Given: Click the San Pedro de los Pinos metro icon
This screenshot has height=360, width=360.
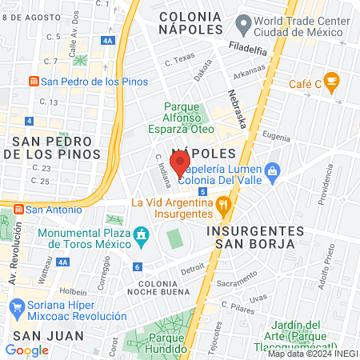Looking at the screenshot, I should pos(34,81).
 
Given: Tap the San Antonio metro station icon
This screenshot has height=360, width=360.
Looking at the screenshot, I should pos(17,209).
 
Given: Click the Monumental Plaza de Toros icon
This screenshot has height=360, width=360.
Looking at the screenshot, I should pos(142,235).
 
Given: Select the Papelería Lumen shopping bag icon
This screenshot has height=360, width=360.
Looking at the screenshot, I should pos(274,170).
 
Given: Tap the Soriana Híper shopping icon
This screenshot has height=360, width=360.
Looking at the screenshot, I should pos(15,306).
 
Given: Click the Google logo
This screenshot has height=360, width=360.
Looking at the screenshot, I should pos(26,350).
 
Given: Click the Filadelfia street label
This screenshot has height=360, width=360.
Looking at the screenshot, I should pos(246,49).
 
